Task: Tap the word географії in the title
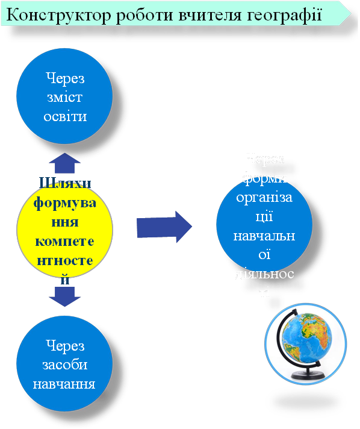pos(283,15)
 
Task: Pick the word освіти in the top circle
pos(65,116)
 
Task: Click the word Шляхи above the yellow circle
pos(65,182)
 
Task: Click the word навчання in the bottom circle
pos(65,383)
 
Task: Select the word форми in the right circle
pos(265,178)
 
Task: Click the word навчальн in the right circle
pos(265,236)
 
